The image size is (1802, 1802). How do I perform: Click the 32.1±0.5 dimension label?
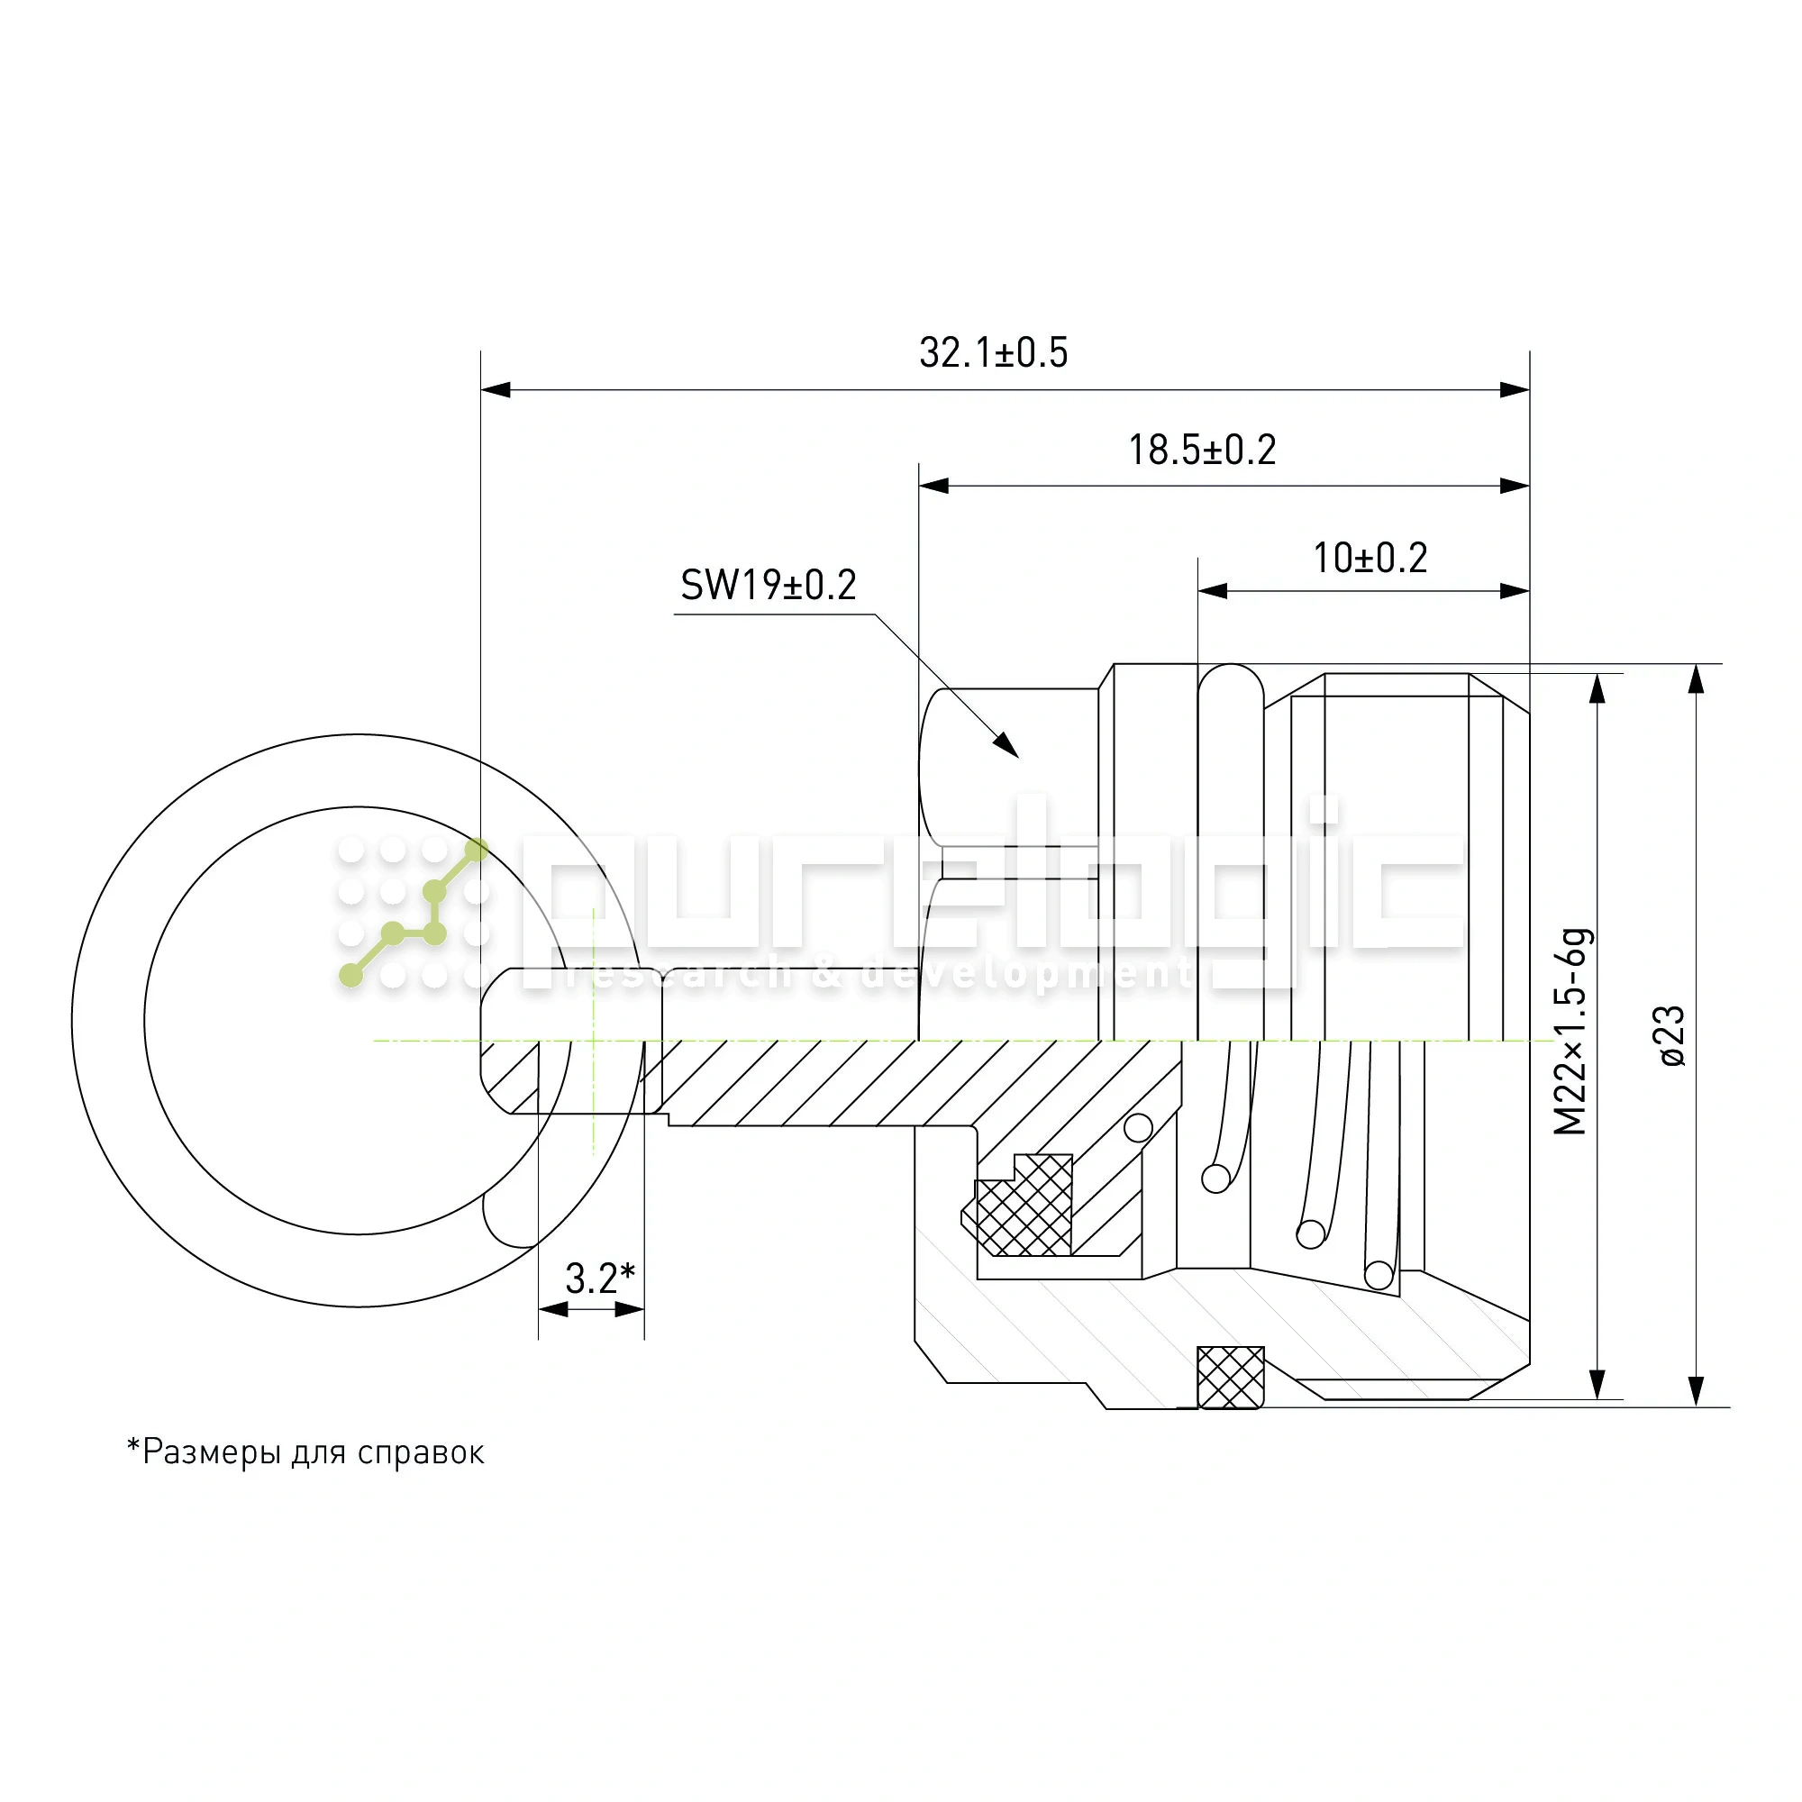click(993, 353)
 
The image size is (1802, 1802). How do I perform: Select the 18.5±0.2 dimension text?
click(1201, 450)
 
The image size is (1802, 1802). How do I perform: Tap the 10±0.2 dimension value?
click(1370, 559)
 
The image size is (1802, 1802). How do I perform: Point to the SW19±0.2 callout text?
click(768, 586)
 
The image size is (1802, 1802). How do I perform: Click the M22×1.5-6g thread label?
click(1570, 1032)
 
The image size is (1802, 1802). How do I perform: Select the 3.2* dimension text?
click(600, 1279)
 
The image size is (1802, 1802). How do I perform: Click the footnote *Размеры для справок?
click(306, 1452)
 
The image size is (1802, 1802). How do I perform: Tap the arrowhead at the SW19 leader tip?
click(1006, 745)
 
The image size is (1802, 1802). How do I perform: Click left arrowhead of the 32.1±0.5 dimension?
click(496, 390)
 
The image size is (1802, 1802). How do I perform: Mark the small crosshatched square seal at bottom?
click(1230, 1378)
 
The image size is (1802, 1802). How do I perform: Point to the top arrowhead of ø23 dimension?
click(1697, 680)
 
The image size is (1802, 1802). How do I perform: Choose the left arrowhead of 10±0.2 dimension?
click(1213, 591)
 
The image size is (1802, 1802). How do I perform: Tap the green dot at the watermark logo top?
click(477, 850)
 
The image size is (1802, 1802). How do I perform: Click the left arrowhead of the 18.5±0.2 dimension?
click(933, 486)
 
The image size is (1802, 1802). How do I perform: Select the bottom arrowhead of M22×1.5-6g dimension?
click(1598, 1384)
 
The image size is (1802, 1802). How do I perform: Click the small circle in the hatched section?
click(1138, 1129)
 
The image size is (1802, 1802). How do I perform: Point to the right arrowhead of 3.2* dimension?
click(630, 1309)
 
